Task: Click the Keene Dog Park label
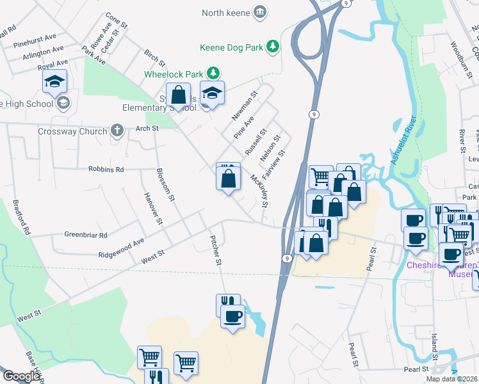coord(231,47)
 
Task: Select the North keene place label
coord(226,12)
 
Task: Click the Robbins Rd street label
coord(106,170)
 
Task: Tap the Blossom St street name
coord(165,184)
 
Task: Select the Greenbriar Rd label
coord(86,235)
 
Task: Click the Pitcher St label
coord(216,250)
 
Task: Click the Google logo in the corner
coord(21,376)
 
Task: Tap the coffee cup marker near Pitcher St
coord(232,316)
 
